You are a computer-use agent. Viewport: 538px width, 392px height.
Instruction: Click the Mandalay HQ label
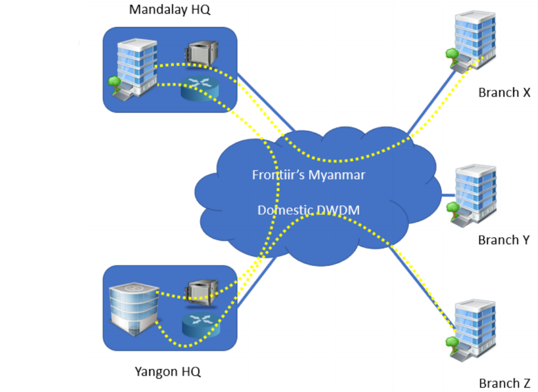click(169, 9)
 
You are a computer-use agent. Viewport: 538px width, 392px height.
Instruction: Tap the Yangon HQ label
click(168, 371)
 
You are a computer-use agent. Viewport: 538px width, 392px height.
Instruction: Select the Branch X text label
click(504, 93)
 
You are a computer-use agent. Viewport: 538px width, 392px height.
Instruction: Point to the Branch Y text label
click(504, 240)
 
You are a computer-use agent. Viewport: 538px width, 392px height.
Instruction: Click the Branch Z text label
click(504, 383)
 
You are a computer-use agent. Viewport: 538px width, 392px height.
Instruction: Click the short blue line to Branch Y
click(447, 195)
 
